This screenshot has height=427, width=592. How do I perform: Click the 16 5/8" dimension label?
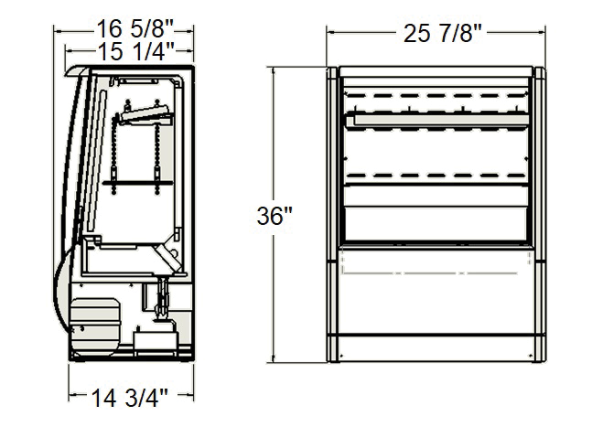(x=135, y=28)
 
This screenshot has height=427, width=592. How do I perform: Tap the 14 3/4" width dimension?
(x=130, y=398)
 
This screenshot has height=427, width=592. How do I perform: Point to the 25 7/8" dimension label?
(x=443, y=34)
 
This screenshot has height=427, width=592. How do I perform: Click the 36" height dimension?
(x=274, y=216)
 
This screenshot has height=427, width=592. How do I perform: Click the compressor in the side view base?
(x=94, y=326)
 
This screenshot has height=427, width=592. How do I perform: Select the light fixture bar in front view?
(x=437, y=121)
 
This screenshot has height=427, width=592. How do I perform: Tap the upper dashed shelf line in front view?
(x=436, y=95)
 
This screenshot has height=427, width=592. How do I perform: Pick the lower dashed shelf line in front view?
(x=436, y=176)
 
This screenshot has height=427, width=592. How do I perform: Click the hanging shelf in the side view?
(x=138, y=183)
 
